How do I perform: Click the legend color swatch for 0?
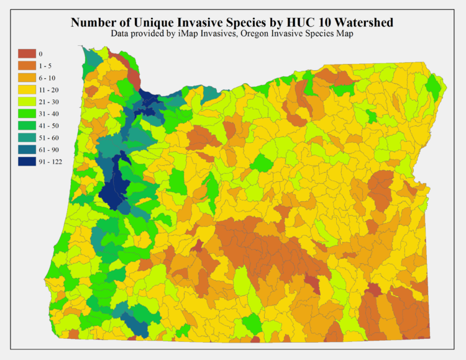tap(27, 54)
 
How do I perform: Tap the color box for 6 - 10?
tap(27, 78)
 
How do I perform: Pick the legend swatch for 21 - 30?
tap(27, 101)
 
